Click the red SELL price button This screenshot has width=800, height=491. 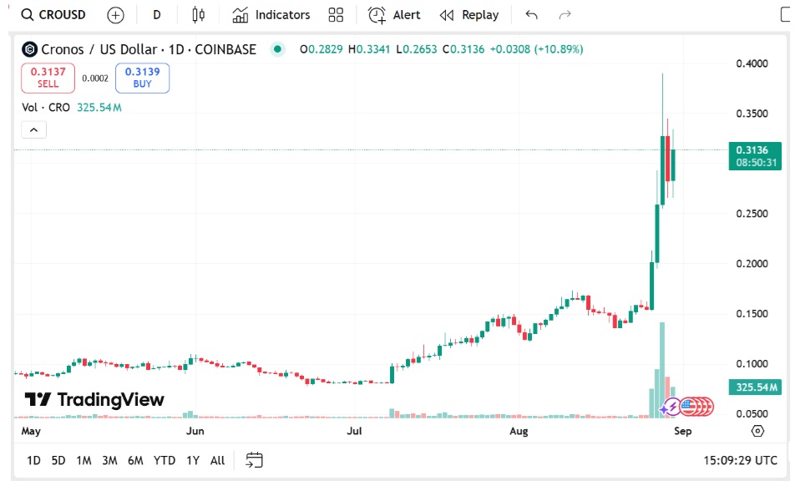pyautogui.click(x=48, y=78)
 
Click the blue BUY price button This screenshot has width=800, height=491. pyautogui.click(x=142, y=78)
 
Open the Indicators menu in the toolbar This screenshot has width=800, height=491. pyautogui.click(x=271, y=15)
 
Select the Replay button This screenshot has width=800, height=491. pyautogui.click(x=469, y=15)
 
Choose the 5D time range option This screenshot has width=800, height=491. pyautogui.click(x=58, y=460)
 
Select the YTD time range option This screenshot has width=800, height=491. pyautogui.click(x=165, y=460)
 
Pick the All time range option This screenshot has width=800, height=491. pyautogui.click(x=217, y=460)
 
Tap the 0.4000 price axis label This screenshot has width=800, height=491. pyautogui.click(x=752, y=63)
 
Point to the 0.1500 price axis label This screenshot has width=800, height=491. pyautogui.click(x=752, y=314)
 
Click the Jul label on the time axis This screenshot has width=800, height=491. pyautogui.click(x=355, y=432)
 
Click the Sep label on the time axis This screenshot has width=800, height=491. pyautogui.click(x=682, y=432)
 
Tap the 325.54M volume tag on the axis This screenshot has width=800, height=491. pyautogui.click(x=755, y=387)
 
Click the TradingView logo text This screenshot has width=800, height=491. pyautogui.click(x=94, y=399)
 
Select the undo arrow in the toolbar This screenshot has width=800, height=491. pyautogui.click(x=532, y=15)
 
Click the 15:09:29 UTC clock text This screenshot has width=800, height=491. pyautogui.click(x=740, y=460)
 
